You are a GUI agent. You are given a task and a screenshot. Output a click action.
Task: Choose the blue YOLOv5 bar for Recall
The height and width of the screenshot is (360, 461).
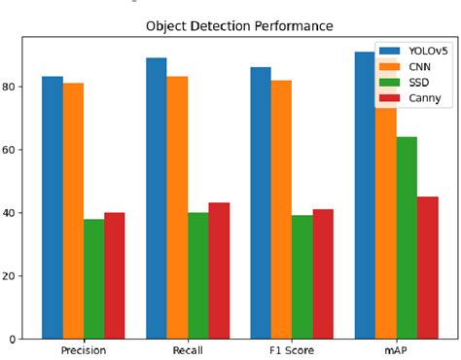coord(157,198)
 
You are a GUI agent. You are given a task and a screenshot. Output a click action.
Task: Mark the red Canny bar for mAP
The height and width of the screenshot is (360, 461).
coord(426,268)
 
